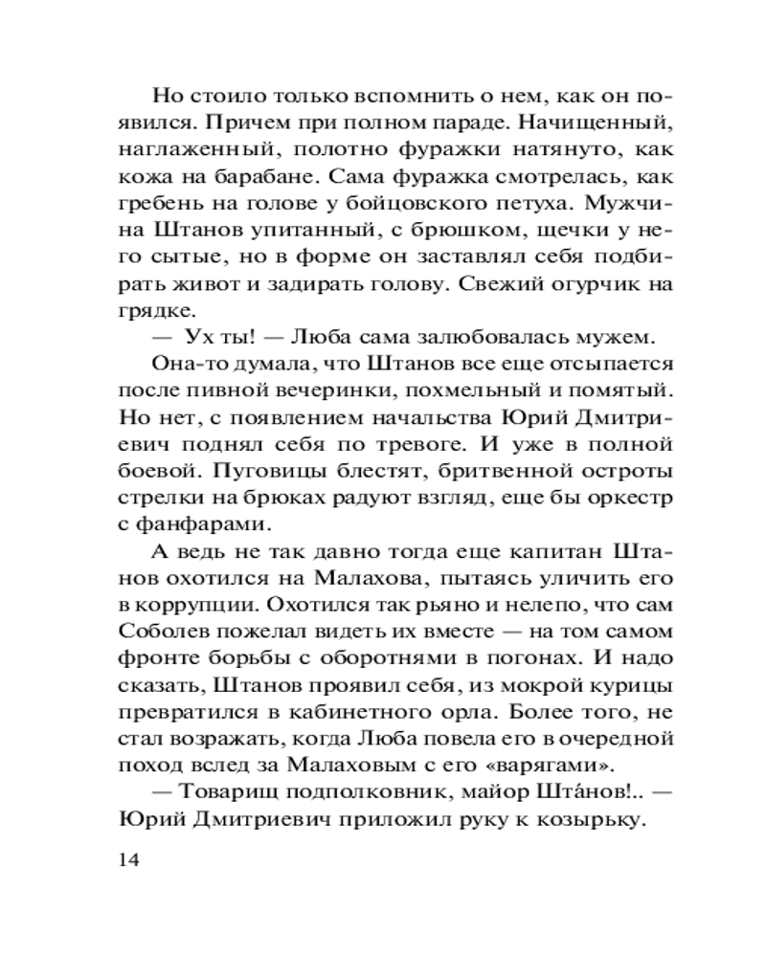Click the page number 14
(x=129, y=859)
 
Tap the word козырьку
(x=590, y=820)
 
